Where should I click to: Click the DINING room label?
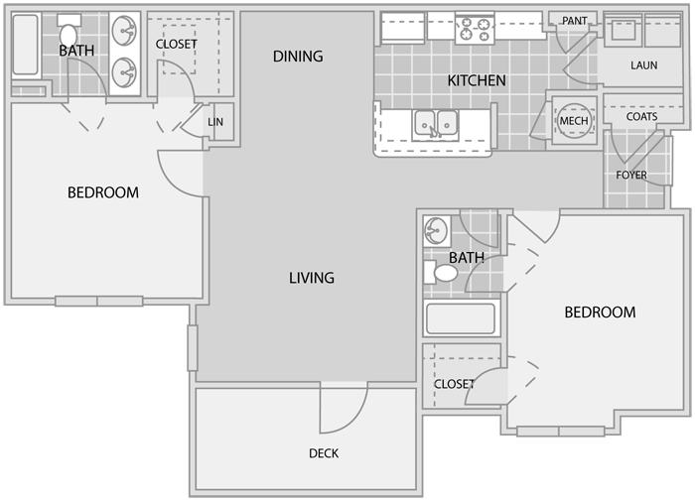[298, 57]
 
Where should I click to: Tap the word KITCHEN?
[477, 80]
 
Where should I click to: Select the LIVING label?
[312, 278]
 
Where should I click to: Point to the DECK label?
[324, 453]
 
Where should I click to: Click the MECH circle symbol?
[574, 120]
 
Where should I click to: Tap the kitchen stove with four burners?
[475, 29]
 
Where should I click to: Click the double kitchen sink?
[435, 125]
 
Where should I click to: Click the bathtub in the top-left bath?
[26, 45]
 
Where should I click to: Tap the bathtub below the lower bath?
[462, 318]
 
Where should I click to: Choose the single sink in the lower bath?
[437, 231]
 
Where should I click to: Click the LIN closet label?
[215, 122]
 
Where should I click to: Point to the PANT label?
[575, 21]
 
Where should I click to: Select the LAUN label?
[644, 65]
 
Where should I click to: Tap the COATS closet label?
[641, 116]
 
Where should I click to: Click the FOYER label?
[631, 175]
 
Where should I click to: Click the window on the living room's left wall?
[193, 348]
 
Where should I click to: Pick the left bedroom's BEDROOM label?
[103, 192]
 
